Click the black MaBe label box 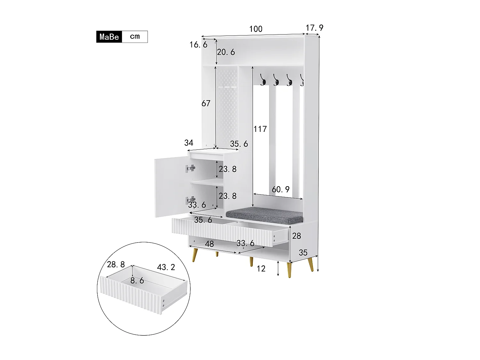tap(109, 37)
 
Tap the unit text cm tap(135, 36)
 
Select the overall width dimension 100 tap(256, 29)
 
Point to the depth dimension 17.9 tap(314, 28)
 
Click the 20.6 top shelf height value tap(226, 52)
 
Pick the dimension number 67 tap(206, 103)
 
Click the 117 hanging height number tap(260, 129)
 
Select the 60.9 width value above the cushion tap(280, 189)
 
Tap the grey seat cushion tap(265, 215)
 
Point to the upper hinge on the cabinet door tap(190, 168)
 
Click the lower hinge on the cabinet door tap(190, 200)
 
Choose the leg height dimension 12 tap(261, 269)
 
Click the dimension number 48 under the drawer tap(209, 244)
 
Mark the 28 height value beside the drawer tap(297, 236)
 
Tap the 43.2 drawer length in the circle tap(166, 267)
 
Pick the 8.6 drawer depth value tap(137, 281)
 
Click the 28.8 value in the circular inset tap(116, 264)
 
